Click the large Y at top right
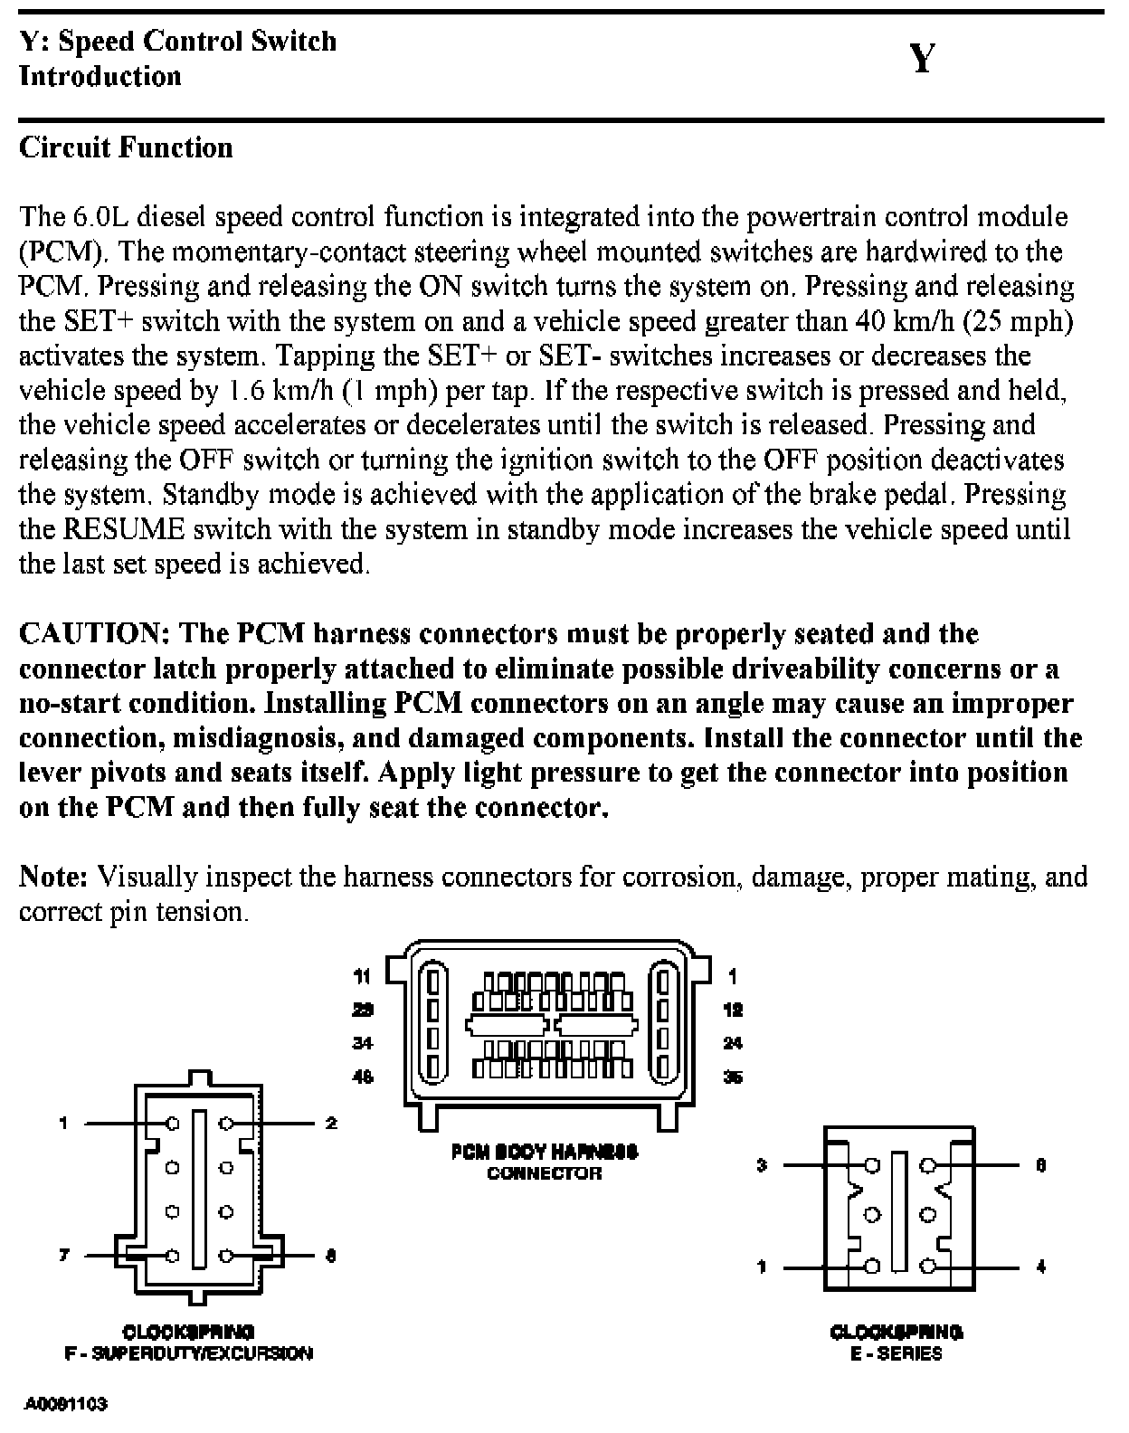[922, 59]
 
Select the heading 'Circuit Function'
[126, 147]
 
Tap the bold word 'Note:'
[53, 877]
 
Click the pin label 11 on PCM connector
[362, 976]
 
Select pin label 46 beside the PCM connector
[362, 1077]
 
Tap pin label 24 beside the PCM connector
[733, 1043]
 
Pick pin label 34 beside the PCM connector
[362, 1043]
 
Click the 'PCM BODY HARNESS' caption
[545, 1152]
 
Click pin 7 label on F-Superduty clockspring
[63, 1256]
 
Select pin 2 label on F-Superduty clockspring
[331, 1123]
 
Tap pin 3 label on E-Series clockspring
[762, 1165]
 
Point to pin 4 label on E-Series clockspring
[1040, 1267]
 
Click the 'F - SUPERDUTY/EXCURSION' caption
[188, 1353]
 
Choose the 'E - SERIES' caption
[896, 1353]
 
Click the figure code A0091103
[65, 1403]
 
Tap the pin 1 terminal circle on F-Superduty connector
[172, 1123]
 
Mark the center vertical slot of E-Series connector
[898, 1211]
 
